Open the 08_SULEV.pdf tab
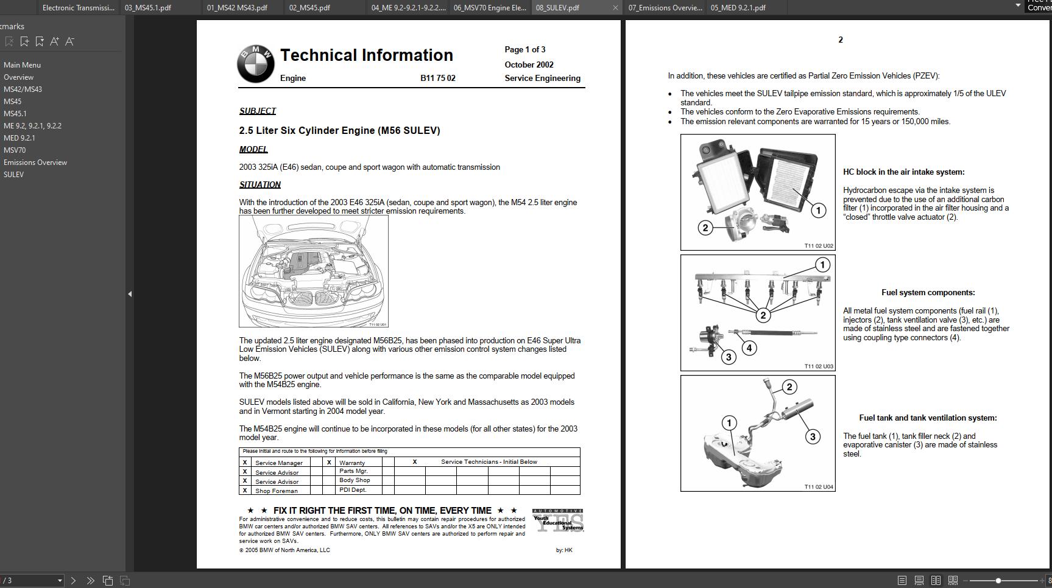557,8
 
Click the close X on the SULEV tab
615,8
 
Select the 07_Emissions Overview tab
665,8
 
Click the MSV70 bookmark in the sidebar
15,150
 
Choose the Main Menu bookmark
22,65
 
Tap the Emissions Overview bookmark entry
35,163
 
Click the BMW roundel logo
256,64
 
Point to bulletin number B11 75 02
437,79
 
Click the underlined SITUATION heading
260,185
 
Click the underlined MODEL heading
253,150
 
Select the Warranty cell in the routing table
352,463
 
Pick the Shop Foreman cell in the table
277,491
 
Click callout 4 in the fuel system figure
749,348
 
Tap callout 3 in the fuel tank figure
813,437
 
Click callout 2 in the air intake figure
705,228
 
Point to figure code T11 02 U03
819,366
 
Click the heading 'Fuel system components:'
928,293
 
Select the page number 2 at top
841,40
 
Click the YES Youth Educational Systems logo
558,520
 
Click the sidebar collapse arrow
129,294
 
